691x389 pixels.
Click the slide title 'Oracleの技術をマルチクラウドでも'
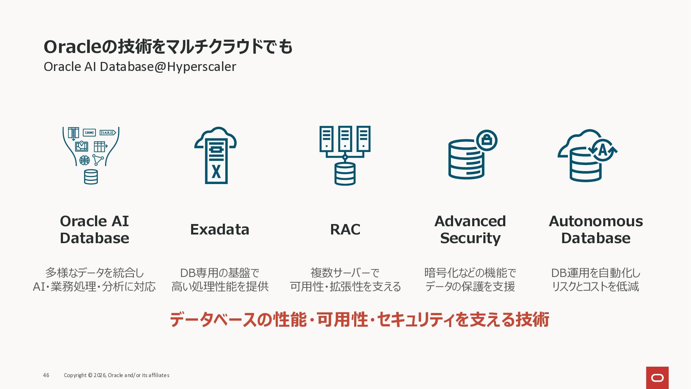pos(168,47)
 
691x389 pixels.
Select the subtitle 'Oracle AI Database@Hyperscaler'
pos(140,67)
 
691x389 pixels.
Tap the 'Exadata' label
pos(220,229)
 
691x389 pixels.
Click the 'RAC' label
pos(345,229)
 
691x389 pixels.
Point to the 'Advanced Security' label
pos(470,230)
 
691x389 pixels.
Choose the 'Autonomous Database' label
pos(596,230)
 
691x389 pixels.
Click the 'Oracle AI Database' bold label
pos(94,230)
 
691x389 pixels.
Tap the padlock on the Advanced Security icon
pos(487,140)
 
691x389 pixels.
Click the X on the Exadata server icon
pos(216,171)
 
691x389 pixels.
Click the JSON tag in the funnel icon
pos(89,133)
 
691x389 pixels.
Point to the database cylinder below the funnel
pos(91,177)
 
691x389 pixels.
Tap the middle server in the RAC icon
pos(345,139)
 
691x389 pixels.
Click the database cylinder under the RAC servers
pos(345,174)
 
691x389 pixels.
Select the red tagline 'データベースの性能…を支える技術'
pos(359,320)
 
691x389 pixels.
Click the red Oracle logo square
pos(657,377)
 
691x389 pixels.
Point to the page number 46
pos(46,375)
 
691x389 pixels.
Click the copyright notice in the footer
pos(117,375)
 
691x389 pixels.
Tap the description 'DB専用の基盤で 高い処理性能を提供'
pos(220,280)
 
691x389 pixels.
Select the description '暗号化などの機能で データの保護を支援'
pos(470,280)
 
